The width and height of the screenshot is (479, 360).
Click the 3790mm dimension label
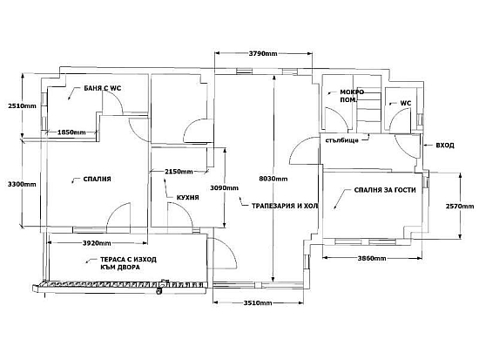[x=263, y=54]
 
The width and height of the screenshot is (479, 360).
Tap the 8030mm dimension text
[x=273, y=179]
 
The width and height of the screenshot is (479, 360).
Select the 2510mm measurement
[x=22, y=106]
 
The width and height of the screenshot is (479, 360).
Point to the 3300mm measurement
[x=22, y=184]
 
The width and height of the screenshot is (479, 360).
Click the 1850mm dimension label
[x=71, y=132]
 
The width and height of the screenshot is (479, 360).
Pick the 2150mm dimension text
[x=179, y=172]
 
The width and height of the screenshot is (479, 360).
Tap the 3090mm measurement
[x=224, y=187]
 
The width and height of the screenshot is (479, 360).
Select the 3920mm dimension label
[x=97, y=243]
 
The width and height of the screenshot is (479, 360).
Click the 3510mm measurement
[x=258, y=303]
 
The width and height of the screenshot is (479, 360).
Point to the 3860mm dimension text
[x=372, y=259]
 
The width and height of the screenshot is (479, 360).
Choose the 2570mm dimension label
[x=460, y=207]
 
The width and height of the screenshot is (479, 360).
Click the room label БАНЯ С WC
[x=103, y=88]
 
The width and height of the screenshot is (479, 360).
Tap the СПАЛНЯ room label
[x=98, y=179]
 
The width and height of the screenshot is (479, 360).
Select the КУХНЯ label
[x=188, y=198]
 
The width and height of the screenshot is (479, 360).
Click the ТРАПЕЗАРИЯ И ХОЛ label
[x=285, y=206]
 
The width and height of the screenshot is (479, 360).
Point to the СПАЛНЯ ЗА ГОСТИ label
[x=385, y=190]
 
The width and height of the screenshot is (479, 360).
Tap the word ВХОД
[x=445, y=146]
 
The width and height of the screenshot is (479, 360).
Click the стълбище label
[x=342, y=140]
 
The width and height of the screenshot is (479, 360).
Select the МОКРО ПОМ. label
[x=352, y=96]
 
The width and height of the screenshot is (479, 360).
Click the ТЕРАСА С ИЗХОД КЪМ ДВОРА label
[x=128, y=263]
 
